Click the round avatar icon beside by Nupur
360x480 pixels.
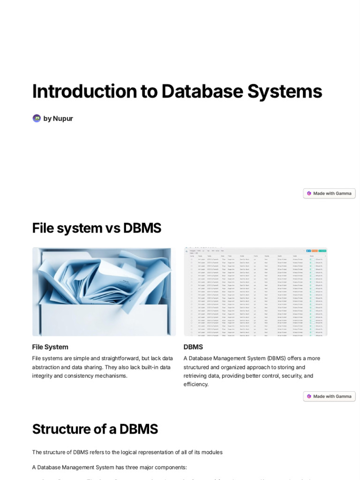(x=37, y=118)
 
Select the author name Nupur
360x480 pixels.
(x=63, y=119)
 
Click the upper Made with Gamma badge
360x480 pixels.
(x=329, y=194)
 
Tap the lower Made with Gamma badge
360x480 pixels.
(x=329, y=397)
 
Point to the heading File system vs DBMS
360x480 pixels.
(x=97, y=228)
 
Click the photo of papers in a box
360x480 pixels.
(x=104, y=292)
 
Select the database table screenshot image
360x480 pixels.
(x=255, y=292)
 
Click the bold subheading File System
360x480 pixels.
(x=50, y=347)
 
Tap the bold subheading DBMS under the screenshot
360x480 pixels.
(x=193, y=347)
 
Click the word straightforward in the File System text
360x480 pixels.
(x=117, y=359)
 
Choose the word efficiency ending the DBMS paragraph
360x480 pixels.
(x=195, y=384)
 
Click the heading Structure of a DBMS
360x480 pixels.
(x=95, y=429)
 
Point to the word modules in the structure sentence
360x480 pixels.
(x=211, y=452)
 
